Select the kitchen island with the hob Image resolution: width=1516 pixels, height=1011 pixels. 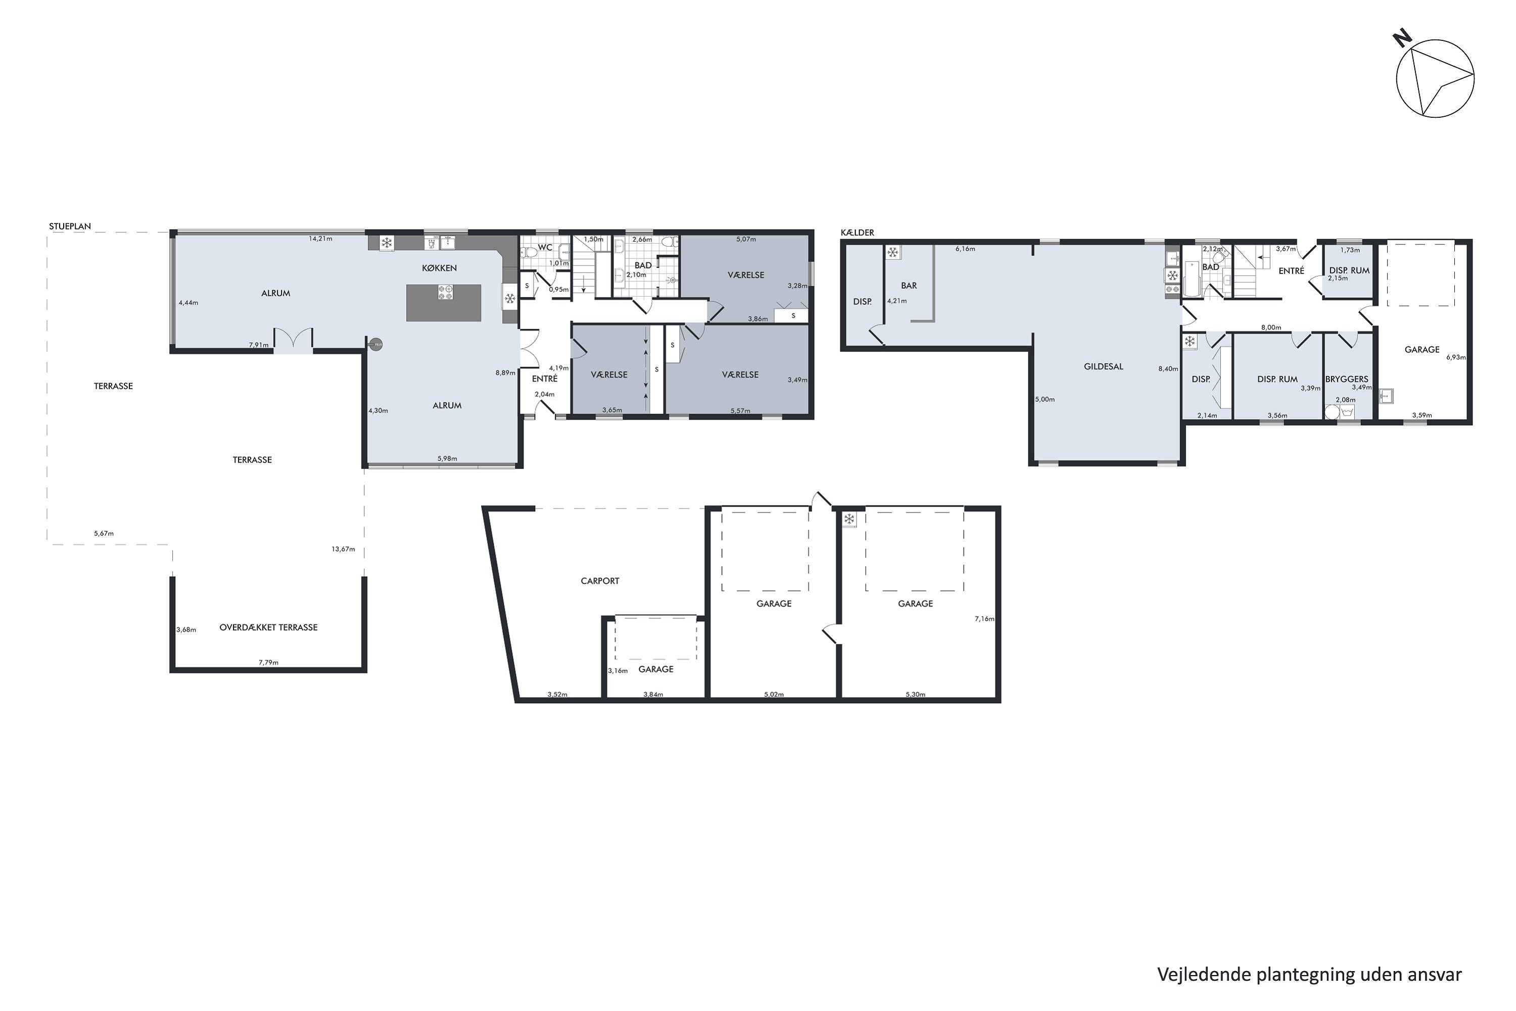pyautogui.click(x=444, y=302)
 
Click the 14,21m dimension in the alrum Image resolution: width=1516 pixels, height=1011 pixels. pyautogui.click(x=320, y=239)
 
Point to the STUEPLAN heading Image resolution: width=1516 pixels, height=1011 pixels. pyautogui.click(x=70, y=226)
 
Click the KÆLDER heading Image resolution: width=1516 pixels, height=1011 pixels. pyautogui.click(x=857, y=233)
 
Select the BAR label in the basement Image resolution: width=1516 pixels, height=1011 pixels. pyautogui.click(x=908, y=286)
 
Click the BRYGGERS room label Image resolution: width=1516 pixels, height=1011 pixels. pyautogui.click(x=1347, y=379)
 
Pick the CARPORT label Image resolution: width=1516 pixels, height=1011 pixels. pyautogui.click(x=599, y=581)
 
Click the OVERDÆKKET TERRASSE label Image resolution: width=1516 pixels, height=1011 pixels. pyautogui.click(x=268, y=627)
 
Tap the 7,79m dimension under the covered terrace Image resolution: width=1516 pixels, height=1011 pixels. pyautogui.click(x=268, y=662)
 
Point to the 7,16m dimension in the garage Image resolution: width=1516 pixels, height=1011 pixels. pyautogui.click(x=984, y=619)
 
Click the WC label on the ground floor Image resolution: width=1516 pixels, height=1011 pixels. pyautogui.click(x=545, y=248)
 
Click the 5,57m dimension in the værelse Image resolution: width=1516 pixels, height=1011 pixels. pyautogui.click(x=740, y=410)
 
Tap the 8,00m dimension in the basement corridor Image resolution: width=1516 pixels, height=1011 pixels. pyautogui.click(x=1270, y=328)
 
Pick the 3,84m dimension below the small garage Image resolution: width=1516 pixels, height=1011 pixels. pyautogui.click(x=653, y=695)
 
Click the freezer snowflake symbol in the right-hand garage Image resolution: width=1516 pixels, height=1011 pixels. pyautogui.click(x=849, y=519)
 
